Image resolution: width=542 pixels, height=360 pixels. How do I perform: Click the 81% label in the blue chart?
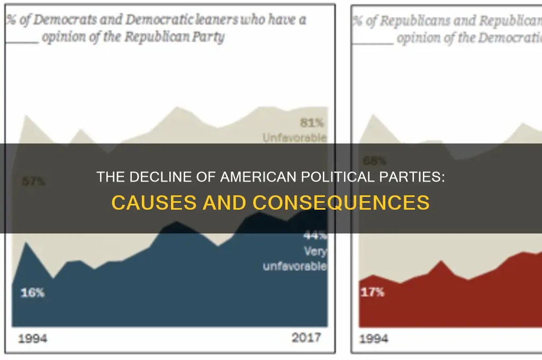coord(312,123)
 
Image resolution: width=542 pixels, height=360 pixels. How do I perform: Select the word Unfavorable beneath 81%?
coord(295,138)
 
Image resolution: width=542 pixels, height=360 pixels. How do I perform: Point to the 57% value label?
coord(33,182)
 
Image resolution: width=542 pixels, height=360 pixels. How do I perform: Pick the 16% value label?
coord(32,292)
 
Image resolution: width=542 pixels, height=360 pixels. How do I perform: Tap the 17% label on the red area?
coord(373,292)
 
